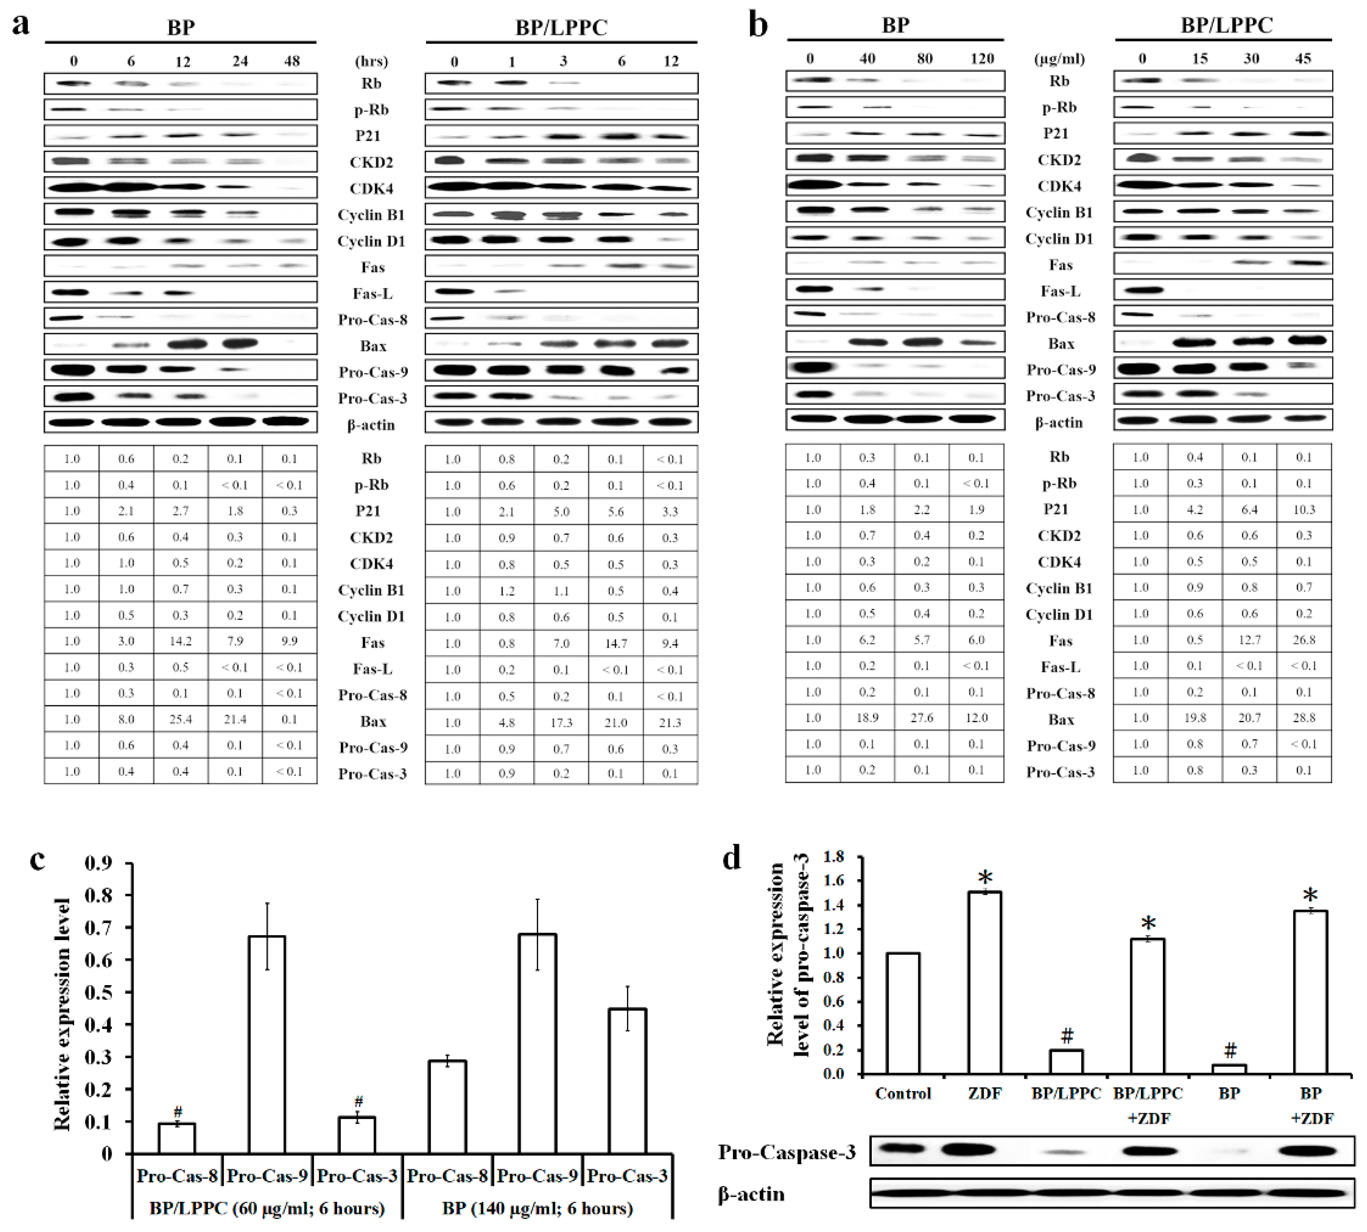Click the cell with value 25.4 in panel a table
tap(180, 719)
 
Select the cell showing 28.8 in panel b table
tap(1303, 717)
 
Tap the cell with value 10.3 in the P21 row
tap(1303, 509)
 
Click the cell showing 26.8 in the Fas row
tap(1303, 640)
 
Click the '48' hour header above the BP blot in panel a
tap(292, 61)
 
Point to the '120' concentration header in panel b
tap(982, 59)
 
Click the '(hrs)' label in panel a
tap(371, 61)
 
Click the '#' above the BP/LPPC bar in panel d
tap(1066, 1035)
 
